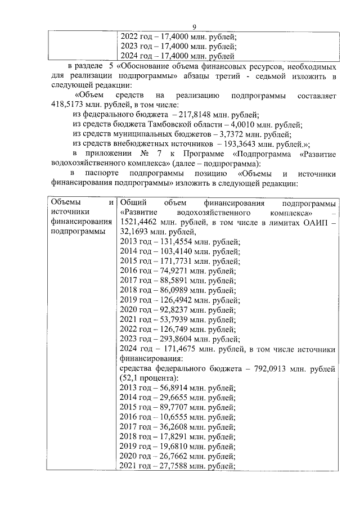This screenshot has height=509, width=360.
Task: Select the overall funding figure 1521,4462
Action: point(138,223)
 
